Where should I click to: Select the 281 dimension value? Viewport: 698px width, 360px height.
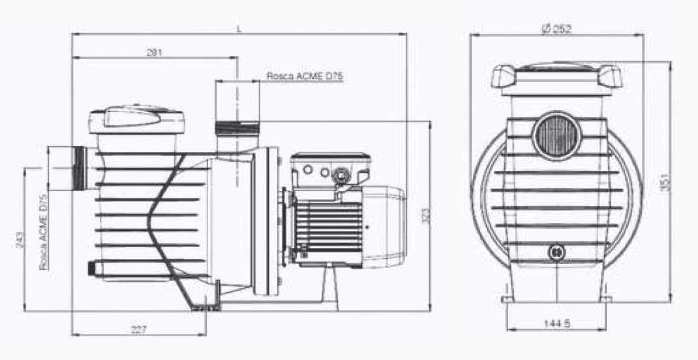pos(154,52)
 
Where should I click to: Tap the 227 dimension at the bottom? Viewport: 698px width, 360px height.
pos(138,329)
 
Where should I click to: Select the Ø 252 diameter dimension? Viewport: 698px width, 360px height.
pos(556,29)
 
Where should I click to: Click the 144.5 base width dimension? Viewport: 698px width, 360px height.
pos(555,323)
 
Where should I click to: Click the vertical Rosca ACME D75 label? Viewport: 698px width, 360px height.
pos(44,232)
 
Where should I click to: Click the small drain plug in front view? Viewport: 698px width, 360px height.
pos(556,251)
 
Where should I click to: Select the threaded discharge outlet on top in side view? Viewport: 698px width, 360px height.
pos(237,127)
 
